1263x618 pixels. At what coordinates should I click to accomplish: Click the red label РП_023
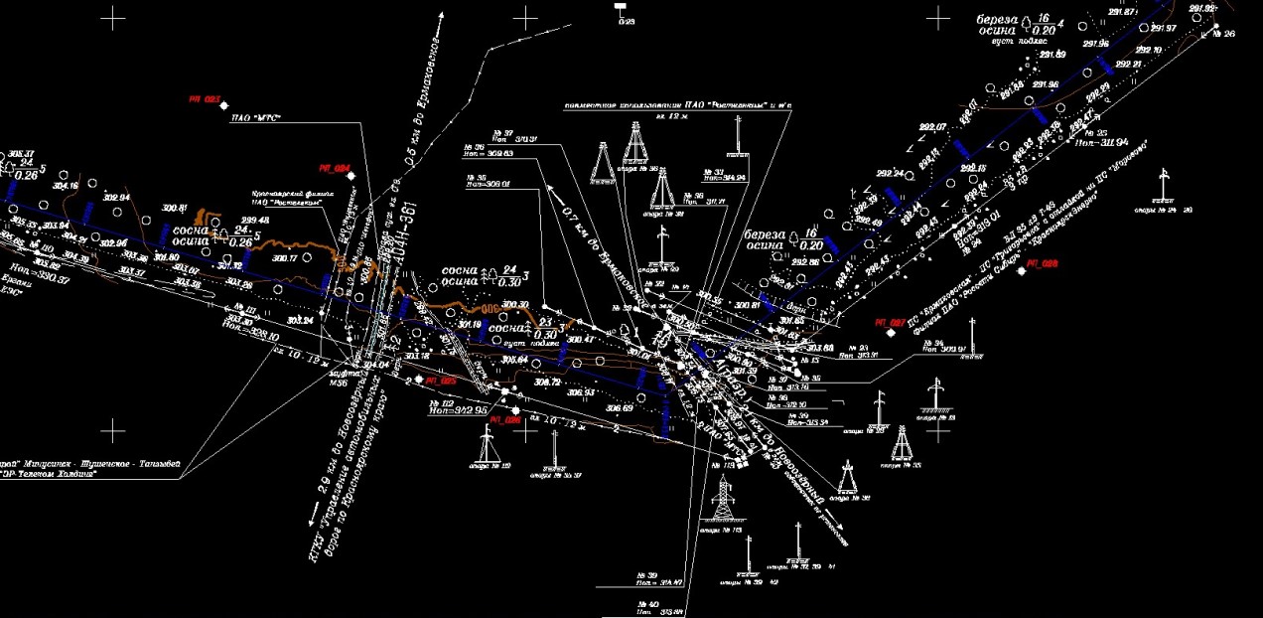[204, 99]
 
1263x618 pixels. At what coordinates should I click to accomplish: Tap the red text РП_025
[440, 381]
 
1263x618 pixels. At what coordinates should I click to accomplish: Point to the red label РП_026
[506, 419]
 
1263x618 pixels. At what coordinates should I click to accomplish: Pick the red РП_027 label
[889, 323]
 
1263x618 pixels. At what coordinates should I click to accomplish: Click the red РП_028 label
[1042, 263]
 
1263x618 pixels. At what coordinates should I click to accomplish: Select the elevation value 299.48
[255, 221]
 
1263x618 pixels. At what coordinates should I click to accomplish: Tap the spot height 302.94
[116, 197]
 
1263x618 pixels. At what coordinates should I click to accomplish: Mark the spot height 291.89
[1052, 55]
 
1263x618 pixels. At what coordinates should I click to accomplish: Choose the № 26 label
[1223, 34]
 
